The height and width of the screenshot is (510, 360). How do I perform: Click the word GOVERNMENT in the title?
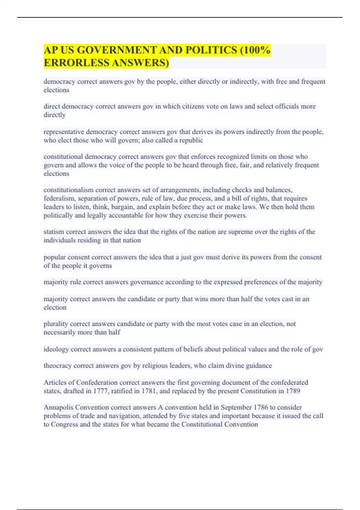pyautogui.click(x=111, y=50)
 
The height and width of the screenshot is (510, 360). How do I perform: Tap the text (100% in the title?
pyautogui.click(x=255, y=50)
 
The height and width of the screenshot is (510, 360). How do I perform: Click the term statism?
pyautogui.click(x=54, y=232)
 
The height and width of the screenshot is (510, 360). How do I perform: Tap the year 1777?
pyautogui.click(x=100, y=391)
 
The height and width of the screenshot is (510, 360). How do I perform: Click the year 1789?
pyautogui.click(x=293, y=391)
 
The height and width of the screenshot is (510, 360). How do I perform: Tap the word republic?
pyautogui.click(x=192, y=140)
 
